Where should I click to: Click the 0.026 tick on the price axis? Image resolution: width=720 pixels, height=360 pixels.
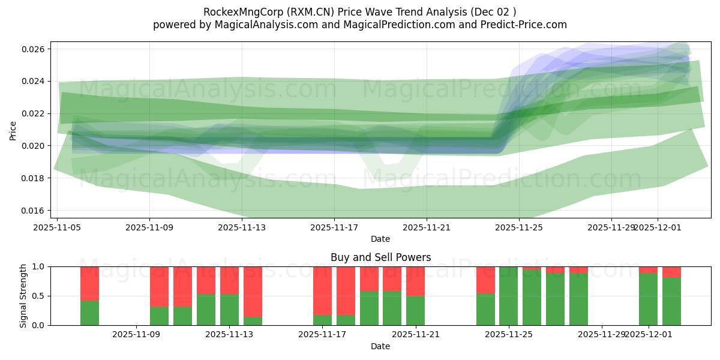click(x=35, y=49)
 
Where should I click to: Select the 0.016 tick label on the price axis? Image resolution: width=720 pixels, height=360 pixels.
click(x=35, y=211)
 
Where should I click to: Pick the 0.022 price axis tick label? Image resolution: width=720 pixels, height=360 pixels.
click(x=35, y=113)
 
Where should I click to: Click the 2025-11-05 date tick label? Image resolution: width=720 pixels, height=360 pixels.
click(x=57, y=228)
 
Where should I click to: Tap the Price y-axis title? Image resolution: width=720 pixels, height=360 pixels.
click(x=13, y=130)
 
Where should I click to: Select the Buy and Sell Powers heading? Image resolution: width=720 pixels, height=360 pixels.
click(x=380, y=257)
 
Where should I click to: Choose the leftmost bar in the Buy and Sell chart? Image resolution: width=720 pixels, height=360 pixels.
click(x=89, y=296)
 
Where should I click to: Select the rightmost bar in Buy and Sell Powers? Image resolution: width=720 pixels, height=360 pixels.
click(x=671, y=296)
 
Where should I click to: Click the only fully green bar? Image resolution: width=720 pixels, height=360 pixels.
click(x=508, y=296)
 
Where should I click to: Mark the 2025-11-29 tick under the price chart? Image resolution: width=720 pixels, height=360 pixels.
click(x=611, y=228)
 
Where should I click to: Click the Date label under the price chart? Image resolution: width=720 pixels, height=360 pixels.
click(x=380, y=239)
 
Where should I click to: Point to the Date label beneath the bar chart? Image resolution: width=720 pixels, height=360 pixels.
click(x=380, y=346)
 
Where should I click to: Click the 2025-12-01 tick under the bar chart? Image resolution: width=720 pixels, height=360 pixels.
click(x=649, y=335)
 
